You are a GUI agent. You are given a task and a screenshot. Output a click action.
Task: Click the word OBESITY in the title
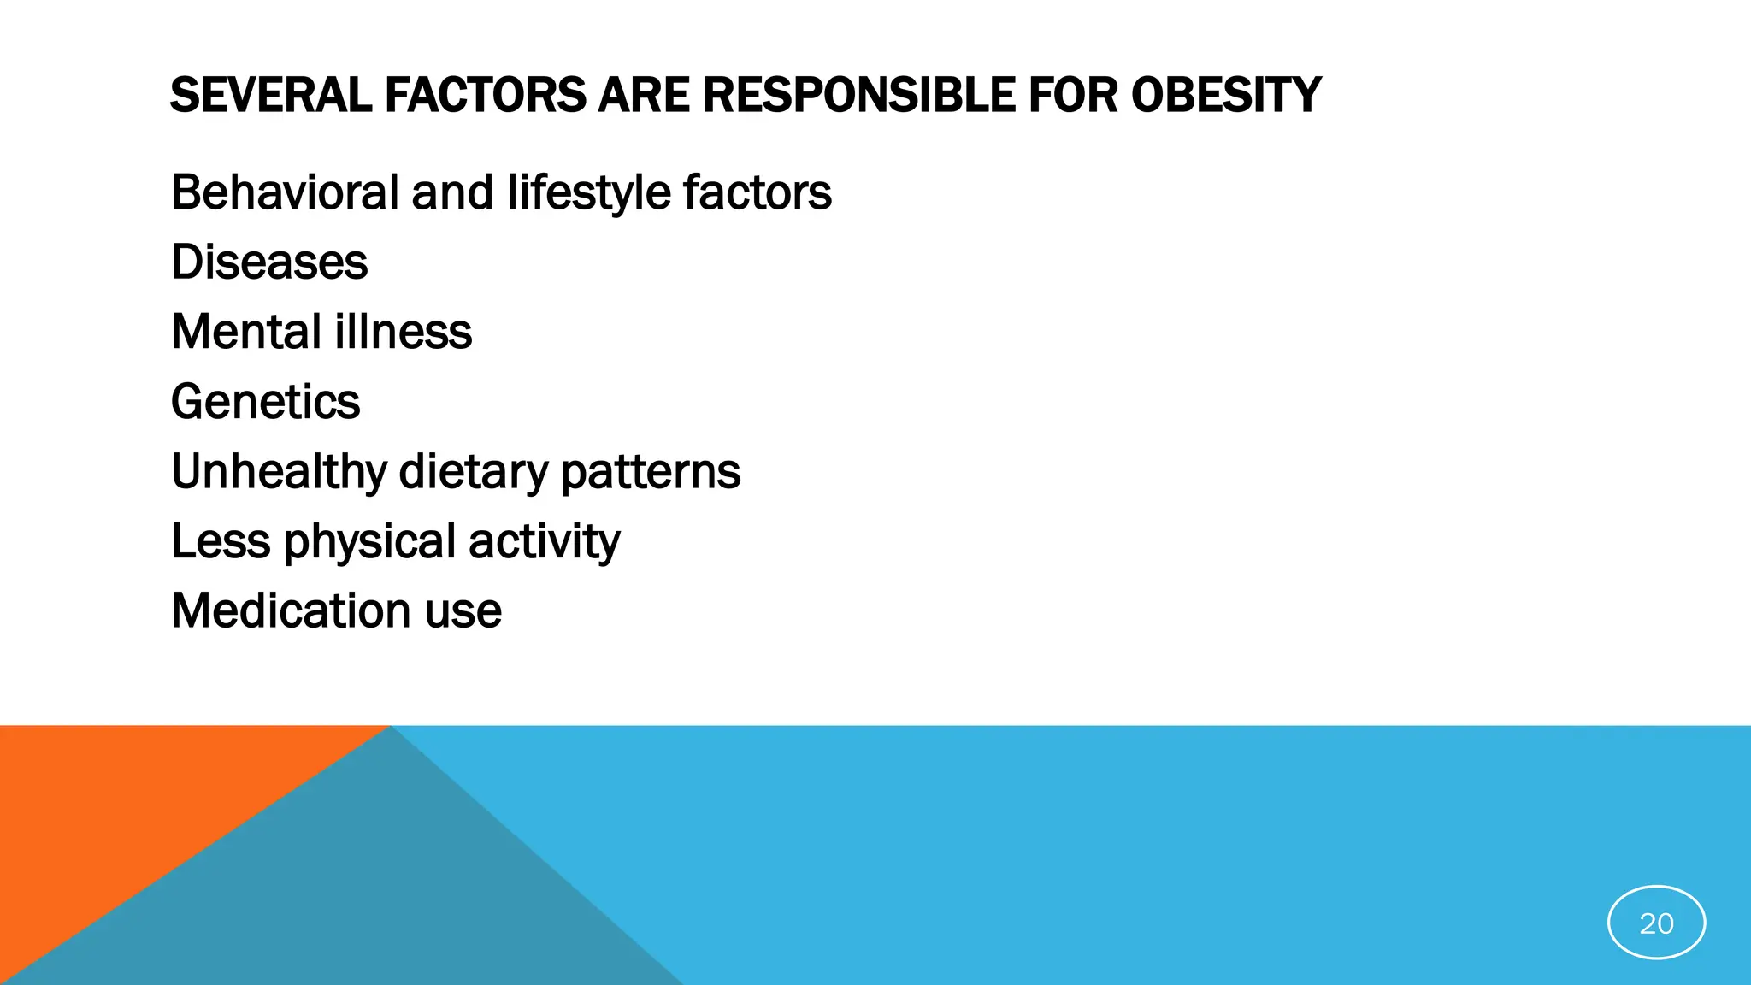click(1226, 95)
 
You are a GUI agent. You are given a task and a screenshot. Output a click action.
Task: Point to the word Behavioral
click(285, 192)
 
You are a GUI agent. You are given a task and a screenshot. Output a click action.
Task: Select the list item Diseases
click(269, 262)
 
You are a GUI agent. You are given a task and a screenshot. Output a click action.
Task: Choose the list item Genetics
click(265, 402)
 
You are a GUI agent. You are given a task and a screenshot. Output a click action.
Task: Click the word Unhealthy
click(279, 473)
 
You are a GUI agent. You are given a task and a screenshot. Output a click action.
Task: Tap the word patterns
click(651, 473)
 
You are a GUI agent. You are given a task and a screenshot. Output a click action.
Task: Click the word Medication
click(290, 611)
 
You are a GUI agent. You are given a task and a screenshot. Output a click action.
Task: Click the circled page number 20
click(1656, 923)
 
